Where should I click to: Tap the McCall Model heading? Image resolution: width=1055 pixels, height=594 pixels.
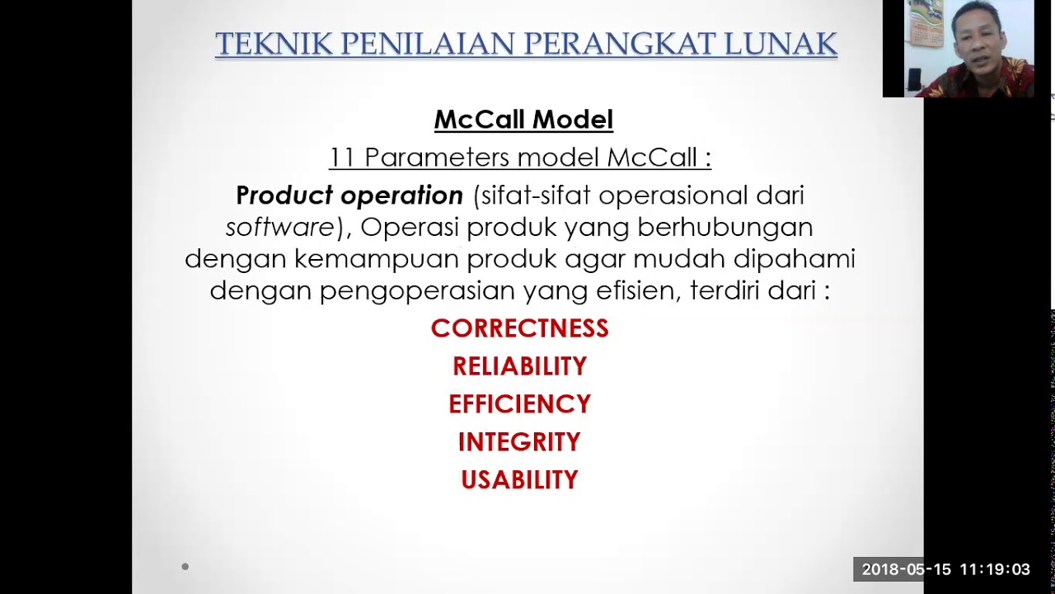click(x=523, y=120)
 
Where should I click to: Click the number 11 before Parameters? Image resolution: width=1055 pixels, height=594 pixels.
click(x=342, y=157)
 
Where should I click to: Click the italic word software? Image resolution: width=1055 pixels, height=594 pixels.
click(x=279, y=227)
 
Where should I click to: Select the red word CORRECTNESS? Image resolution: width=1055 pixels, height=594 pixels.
click(x=519, y=328)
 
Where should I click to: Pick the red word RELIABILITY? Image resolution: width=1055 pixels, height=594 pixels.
click(x=519, y=366)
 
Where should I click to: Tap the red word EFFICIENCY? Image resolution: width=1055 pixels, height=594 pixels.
click(x=519, y=404)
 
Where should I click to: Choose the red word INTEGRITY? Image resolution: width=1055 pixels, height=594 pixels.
click(x=519, y=442)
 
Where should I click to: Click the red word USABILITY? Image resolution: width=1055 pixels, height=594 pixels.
click(x=519, y=480)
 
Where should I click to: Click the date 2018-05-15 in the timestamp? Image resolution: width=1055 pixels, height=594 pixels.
click(x=906, y=569)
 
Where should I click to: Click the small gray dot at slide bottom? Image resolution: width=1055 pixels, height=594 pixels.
click(x=185, y=567)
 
